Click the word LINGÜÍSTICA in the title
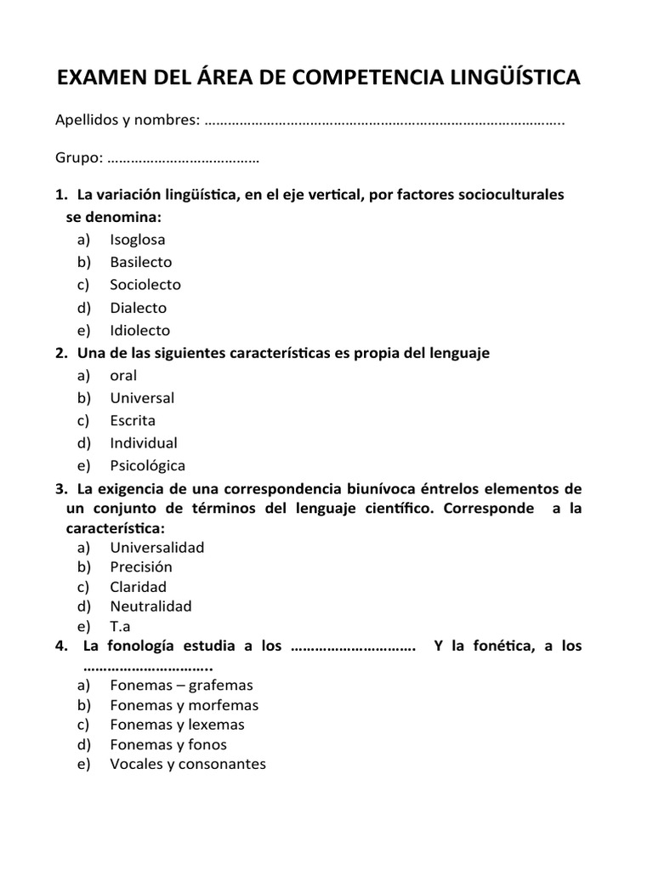click(x=504, y=77)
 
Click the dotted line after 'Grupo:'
click(x=185, y=157)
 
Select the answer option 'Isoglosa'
click(x=137, y=240)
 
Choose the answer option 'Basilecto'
click(x=140, y=262)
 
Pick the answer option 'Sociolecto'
click(x=145, y=285)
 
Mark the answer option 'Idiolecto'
click(x=139, y=330)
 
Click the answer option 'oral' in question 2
click(x=123, y=375)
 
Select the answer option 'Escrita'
click(x=133, y=420)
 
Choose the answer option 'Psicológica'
click(x=147, y=465)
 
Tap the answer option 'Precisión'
click(x=140, y=566)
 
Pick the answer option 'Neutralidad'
click(x=150, y=606)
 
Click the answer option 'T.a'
click(x=120, y=626)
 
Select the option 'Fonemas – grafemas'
click(x=181, y=685)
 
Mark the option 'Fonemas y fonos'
click(x=168, y=744)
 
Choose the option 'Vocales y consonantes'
click(x=187, y=764)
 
